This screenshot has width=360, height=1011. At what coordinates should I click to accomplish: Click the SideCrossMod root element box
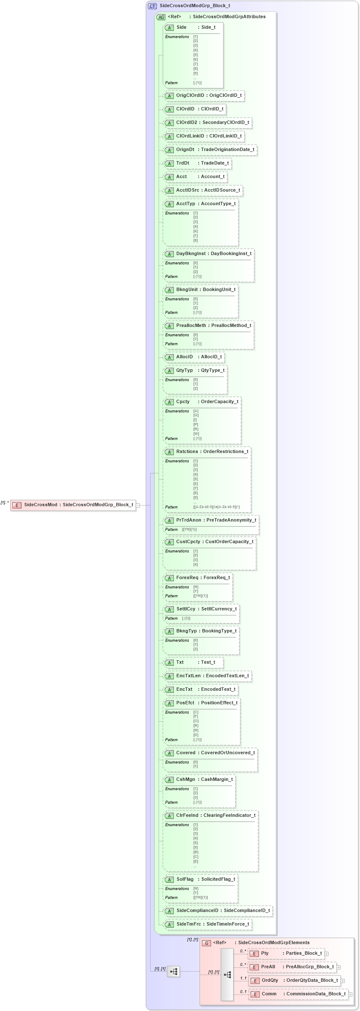tap(73, 505)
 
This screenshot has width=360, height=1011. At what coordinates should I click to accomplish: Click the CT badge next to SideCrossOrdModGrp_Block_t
tap(152, 6)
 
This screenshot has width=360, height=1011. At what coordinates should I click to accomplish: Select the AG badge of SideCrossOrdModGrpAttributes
tap(161, 17)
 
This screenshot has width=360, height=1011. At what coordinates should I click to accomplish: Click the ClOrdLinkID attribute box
tap(203, 136)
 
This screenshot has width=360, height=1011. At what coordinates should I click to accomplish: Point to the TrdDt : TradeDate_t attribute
tap(197, 163)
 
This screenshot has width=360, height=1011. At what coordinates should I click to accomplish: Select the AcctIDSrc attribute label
tap(187, 190)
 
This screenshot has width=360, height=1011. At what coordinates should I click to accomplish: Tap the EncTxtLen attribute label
tap(188, 676)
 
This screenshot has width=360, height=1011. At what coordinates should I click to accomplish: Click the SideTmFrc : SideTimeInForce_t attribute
tap(207, 924)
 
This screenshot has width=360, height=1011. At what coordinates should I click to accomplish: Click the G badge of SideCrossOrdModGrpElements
tap(206, 943)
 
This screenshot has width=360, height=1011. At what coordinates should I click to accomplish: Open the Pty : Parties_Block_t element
tap(286, 953)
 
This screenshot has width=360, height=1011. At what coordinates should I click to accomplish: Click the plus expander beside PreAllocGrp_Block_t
tap(338, 967)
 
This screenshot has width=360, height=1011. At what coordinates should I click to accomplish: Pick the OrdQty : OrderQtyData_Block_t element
tap(294, 981)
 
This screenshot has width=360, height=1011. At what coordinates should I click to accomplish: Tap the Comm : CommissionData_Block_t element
tap(298, 994)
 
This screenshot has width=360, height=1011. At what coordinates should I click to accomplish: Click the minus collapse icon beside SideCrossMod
tap(138, 505)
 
